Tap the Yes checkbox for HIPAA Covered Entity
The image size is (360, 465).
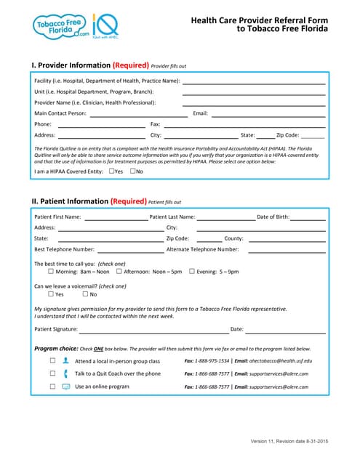click(111, 171)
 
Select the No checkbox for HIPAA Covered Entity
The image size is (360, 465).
click(133, 171)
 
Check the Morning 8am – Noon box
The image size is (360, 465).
click(51, 271)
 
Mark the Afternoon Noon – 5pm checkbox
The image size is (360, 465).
click(119, 271)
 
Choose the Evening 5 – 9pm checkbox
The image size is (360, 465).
click(191, 271)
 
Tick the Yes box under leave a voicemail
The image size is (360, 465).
click(51, 294)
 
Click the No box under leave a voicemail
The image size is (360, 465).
click(85, 294)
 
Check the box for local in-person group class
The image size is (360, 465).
click(52, 360)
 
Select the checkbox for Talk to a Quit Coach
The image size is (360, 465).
click(52, 373)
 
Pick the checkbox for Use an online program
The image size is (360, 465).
click(52, 387)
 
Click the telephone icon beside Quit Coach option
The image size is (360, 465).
click(65, 373)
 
